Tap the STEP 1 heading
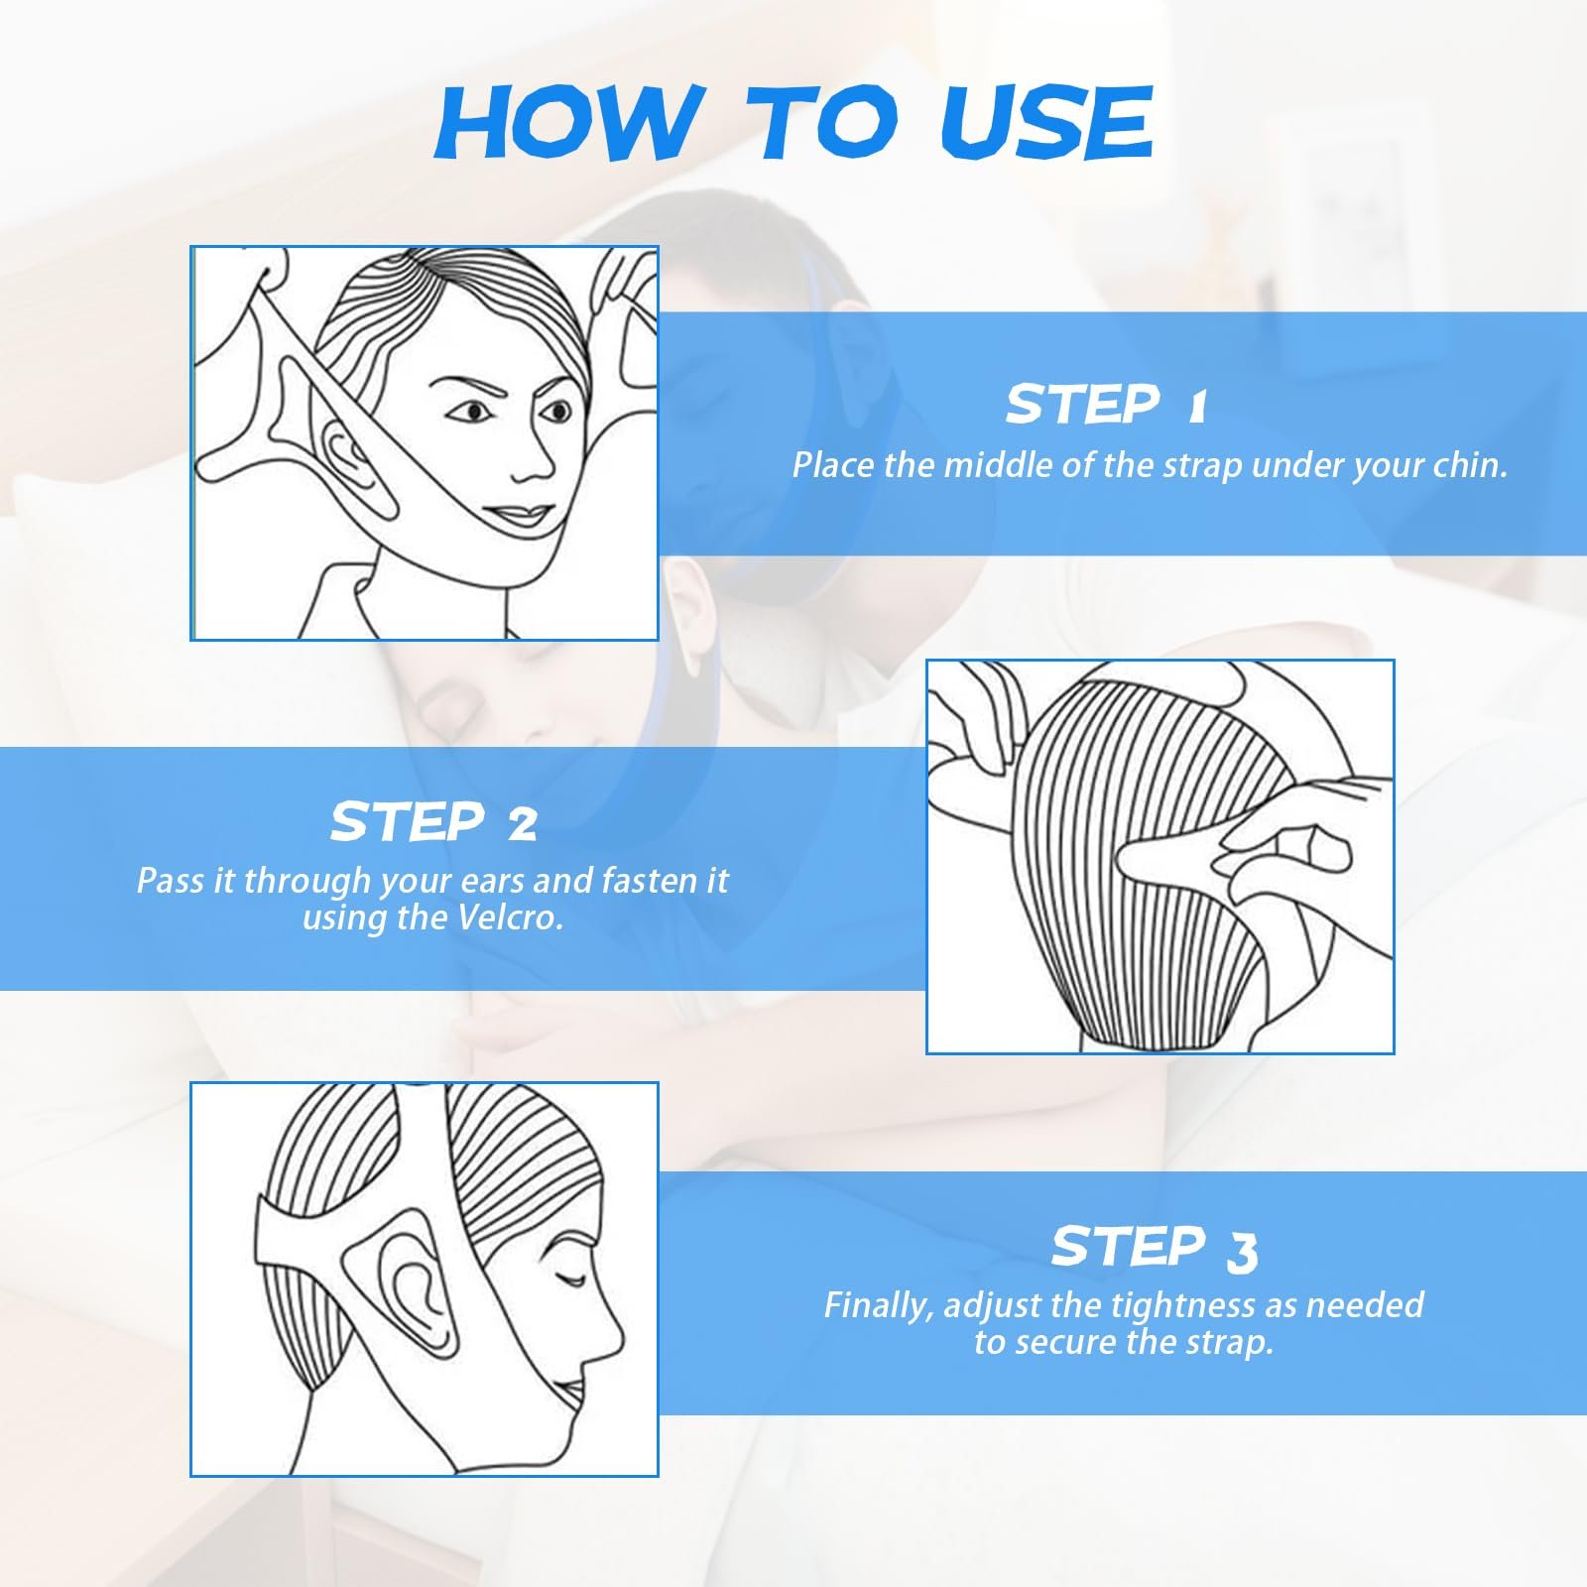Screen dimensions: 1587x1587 [x=1106, y=405]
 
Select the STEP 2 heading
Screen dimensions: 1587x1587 [x=433, y=822]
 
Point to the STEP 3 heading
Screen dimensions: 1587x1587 [x=1155, y=1248]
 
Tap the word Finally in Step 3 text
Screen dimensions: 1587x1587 [x=879, y=1305]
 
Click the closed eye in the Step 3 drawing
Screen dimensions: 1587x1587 [x=571, y=1279]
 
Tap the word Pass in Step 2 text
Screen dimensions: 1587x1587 [x=171, y=881]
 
